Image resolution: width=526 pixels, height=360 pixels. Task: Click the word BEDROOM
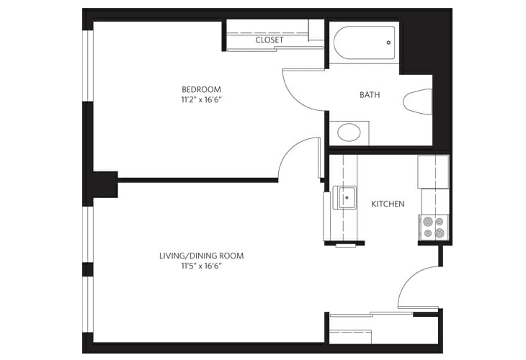pos(201,89)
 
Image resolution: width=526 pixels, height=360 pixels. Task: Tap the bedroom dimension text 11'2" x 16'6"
pos(202,100)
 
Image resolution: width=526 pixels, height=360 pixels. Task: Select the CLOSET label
pos(269,40)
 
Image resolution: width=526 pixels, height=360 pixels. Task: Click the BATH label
pos(370,95)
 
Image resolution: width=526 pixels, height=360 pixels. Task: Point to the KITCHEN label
pos(388,204)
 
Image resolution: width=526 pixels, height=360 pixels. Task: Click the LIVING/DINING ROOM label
pos(201,256)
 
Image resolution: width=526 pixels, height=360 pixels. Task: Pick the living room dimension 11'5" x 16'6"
pos(202,266)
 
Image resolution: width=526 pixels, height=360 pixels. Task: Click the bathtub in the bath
pos(365,42)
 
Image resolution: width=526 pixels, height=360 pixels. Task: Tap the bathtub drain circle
pos(388,42)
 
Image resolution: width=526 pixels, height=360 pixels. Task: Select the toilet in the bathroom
pos(418,102)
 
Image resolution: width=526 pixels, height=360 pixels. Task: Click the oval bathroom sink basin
pos(349,132)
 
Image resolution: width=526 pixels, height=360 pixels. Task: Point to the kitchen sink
pos(344,198)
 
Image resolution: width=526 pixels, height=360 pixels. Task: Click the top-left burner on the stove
pos(428,222)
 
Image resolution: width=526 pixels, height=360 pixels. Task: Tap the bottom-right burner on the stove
pos(440,233)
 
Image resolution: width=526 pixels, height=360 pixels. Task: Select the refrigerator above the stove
pos(433,171)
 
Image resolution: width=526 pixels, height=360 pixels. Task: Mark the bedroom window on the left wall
pos(88,66)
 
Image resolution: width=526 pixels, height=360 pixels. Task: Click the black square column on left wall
pos(105,184)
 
